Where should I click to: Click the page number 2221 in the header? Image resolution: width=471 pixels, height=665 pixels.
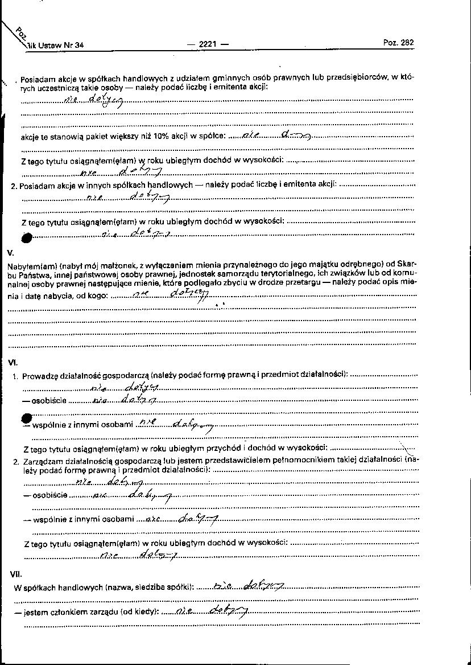click(206, 44)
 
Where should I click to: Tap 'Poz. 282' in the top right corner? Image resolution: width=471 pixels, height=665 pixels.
click(399, 43)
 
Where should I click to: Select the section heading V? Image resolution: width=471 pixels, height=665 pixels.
click(11, 252)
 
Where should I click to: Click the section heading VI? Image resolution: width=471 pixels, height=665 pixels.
click(13, 362)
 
